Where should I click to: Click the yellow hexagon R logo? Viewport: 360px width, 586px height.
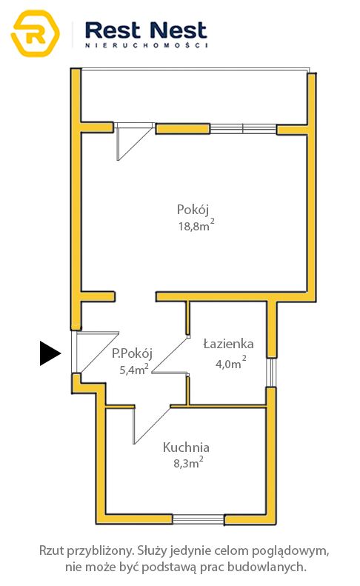(36, 33)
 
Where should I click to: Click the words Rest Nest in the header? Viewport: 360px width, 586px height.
(146, 30)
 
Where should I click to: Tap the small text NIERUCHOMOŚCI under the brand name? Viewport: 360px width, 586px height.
(146, 45)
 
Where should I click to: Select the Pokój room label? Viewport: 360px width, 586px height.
(193, 210)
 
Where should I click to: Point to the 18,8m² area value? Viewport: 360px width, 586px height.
(196, 225)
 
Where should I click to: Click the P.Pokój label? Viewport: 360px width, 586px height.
(133, 353)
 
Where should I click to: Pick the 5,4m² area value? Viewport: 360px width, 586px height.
(134, 370)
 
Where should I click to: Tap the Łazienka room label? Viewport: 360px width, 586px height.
(228, 344)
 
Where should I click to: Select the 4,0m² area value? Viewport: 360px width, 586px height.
(231, 363)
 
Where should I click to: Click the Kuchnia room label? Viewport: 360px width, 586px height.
(186, 447)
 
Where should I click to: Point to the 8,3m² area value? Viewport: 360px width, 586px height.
(188, 463)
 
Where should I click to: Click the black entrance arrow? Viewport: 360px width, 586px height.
(50, 353)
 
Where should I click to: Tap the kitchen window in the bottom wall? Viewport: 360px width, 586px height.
(199, 519)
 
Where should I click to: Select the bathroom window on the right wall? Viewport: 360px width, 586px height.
(271, 373)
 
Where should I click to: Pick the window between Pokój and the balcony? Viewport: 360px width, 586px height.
(243, 129)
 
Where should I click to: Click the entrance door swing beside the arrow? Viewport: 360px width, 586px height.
(96, 353)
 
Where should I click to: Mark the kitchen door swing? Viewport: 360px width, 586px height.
(151, 425)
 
